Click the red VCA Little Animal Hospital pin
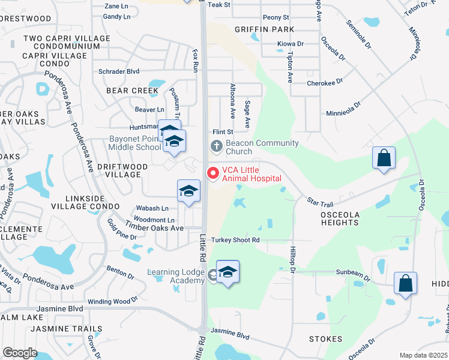pyautogui.click(x=212, y=173)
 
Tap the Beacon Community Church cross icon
pyautogui.click(x=215, y=146)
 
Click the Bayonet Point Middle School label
pyautogui.click(x=135, y=143)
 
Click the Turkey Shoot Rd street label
pyautogui.click(x=235, y=240)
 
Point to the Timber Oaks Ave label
pyautogui.click(x=154, y=228)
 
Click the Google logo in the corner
pyautogui.click(x=20, y=353)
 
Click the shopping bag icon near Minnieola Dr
pyautogui.click(x=384, y=158)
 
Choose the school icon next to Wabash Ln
pyautogui.click(x=188, y=191)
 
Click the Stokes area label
pyautogui.click(x=325, y=339)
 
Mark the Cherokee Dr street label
pyautogui.click(x=324, y=83)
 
